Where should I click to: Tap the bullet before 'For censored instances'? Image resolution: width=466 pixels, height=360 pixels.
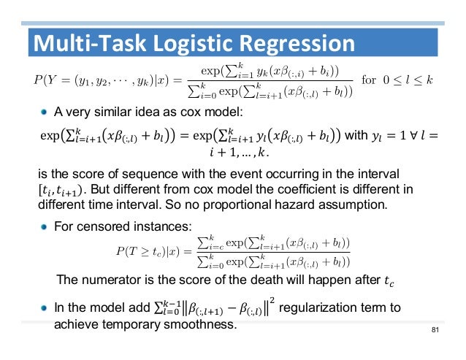(x=45, y=227)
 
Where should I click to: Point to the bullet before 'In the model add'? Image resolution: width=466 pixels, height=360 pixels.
(x=45, y=307)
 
